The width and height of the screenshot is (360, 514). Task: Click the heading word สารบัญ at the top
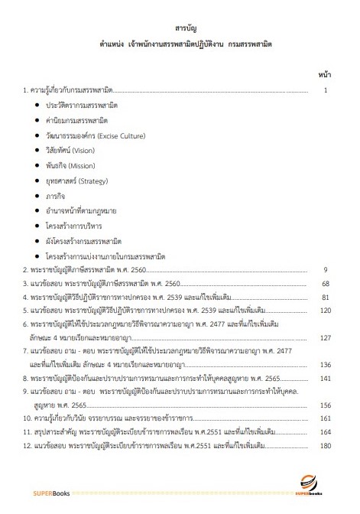(x=180, y=28)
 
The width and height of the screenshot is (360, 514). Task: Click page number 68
(x=324, y=283)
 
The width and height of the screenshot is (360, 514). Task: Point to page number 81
(x=324, y=297)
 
